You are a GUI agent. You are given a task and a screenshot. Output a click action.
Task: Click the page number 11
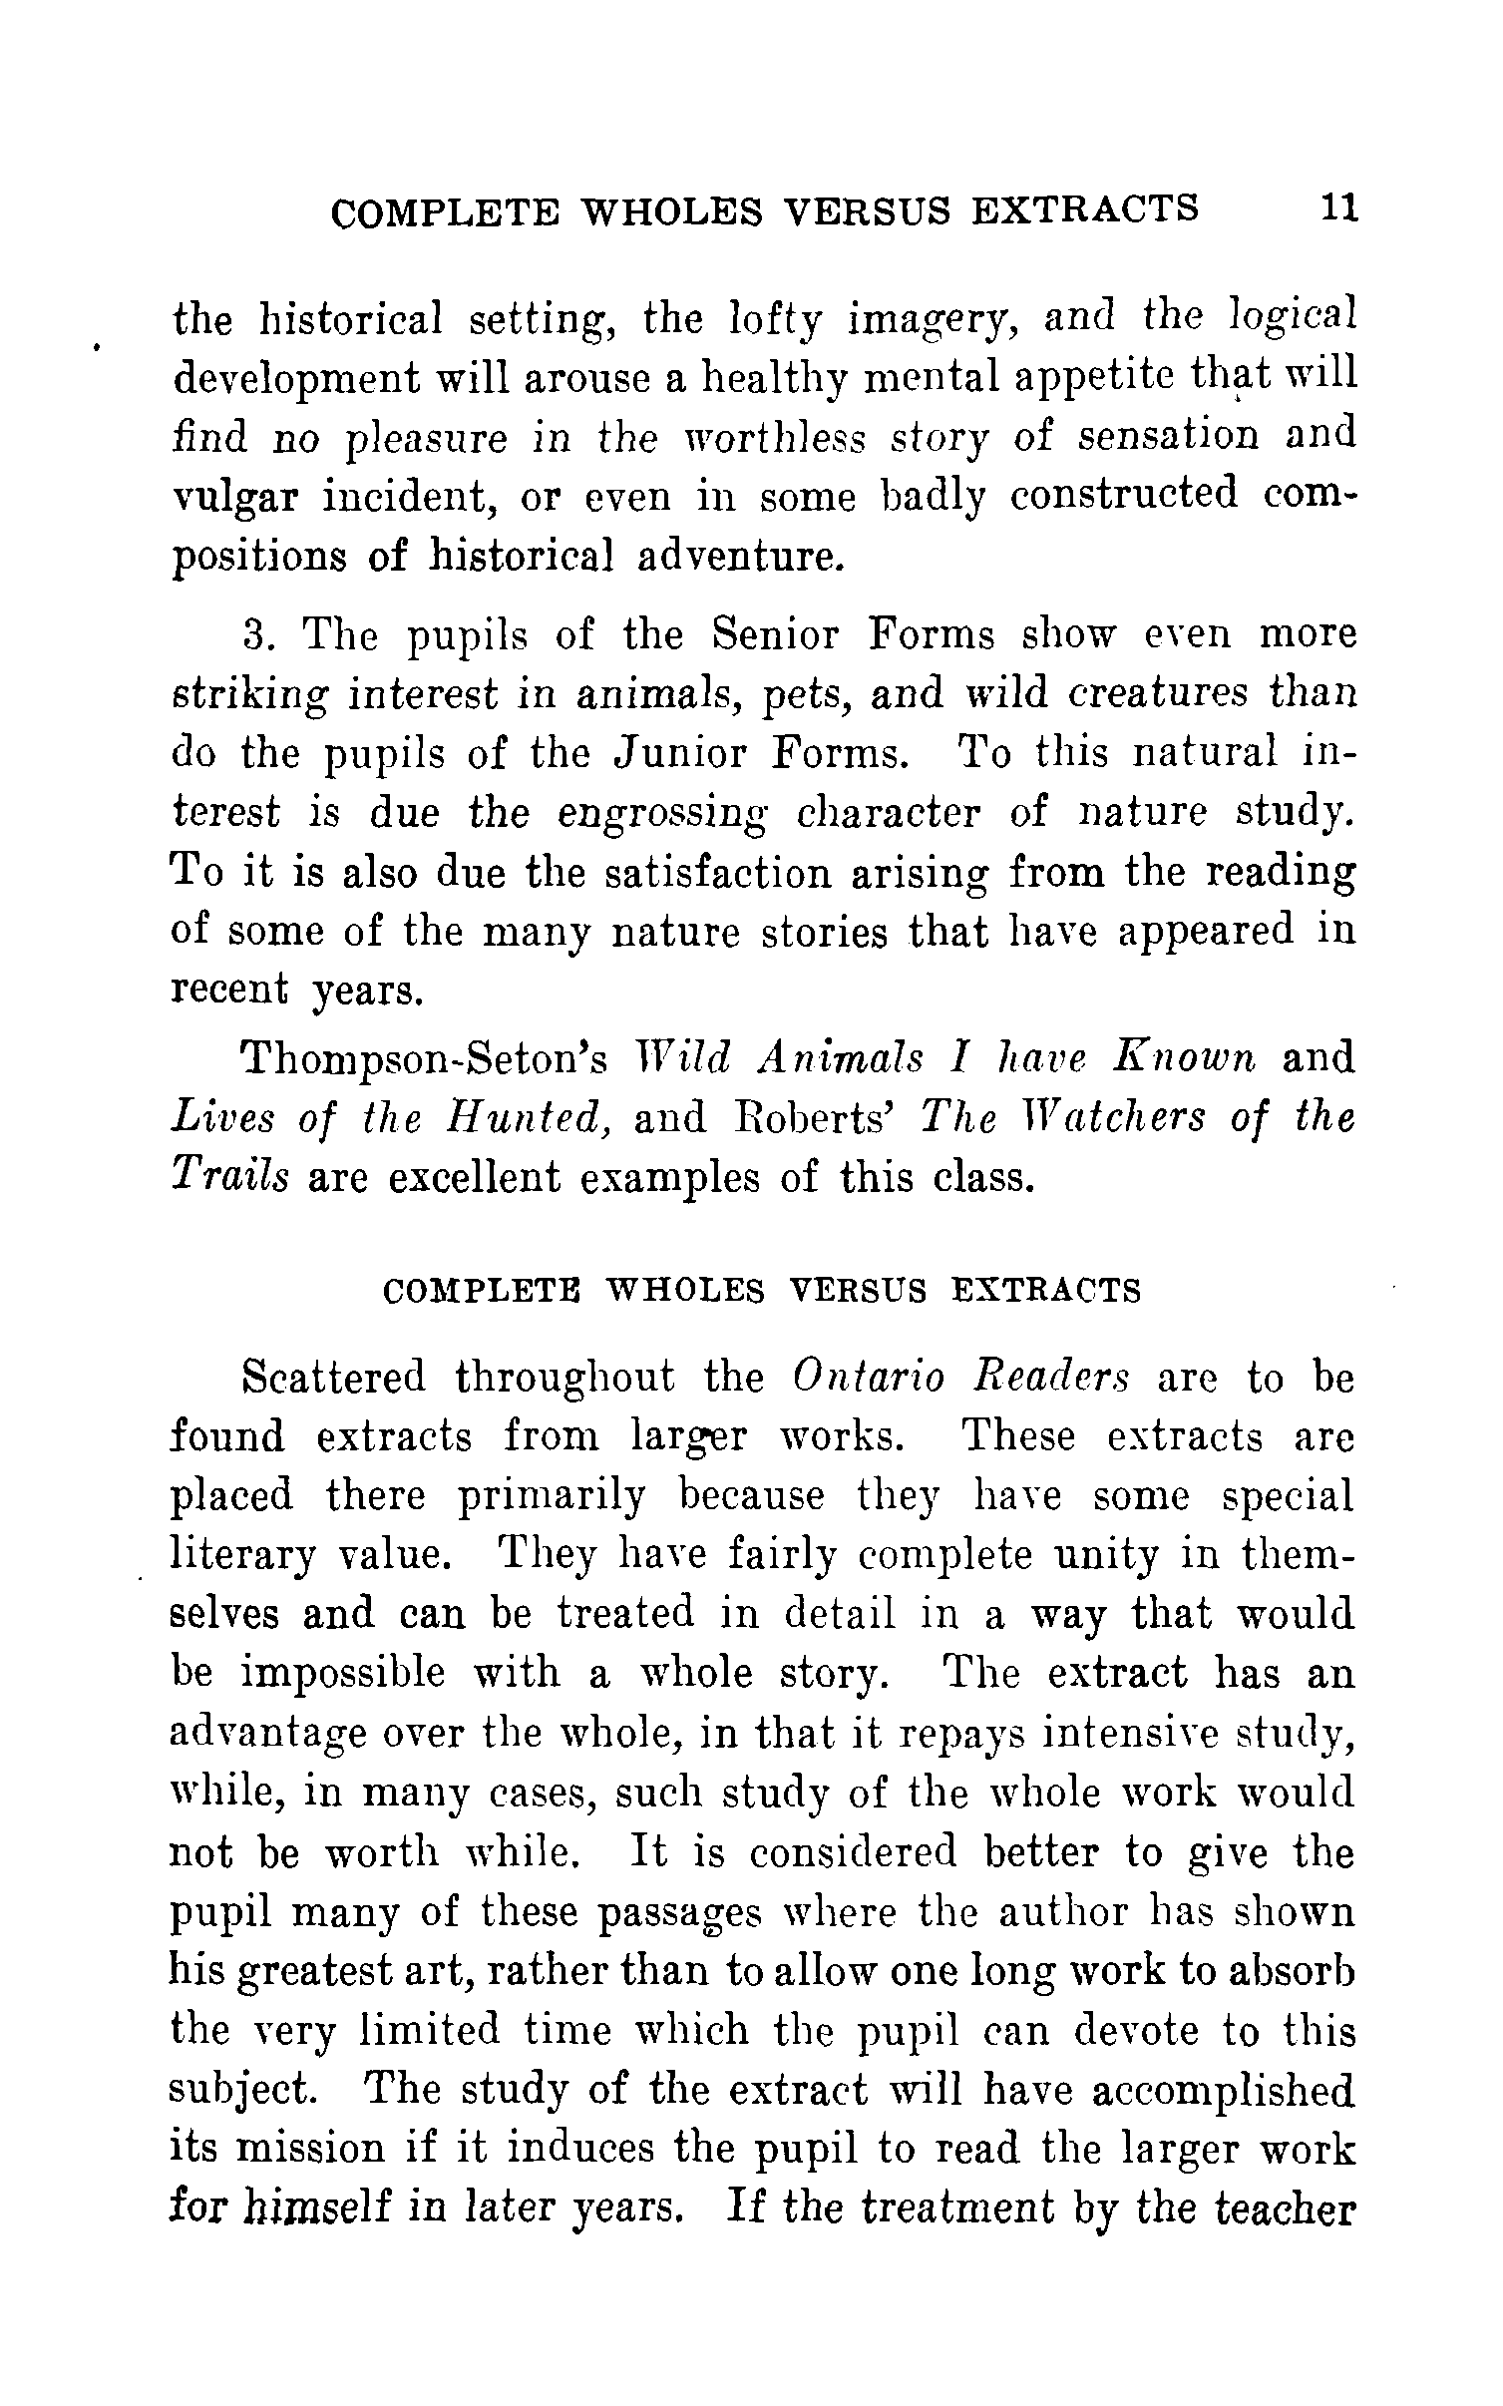[x=1338, y=207]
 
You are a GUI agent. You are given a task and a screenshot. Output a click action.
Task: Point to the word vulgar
[x=235, y=497]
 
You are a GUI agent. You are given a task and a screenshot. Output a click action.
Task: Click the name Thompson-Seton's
[x=425, y=1058]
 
